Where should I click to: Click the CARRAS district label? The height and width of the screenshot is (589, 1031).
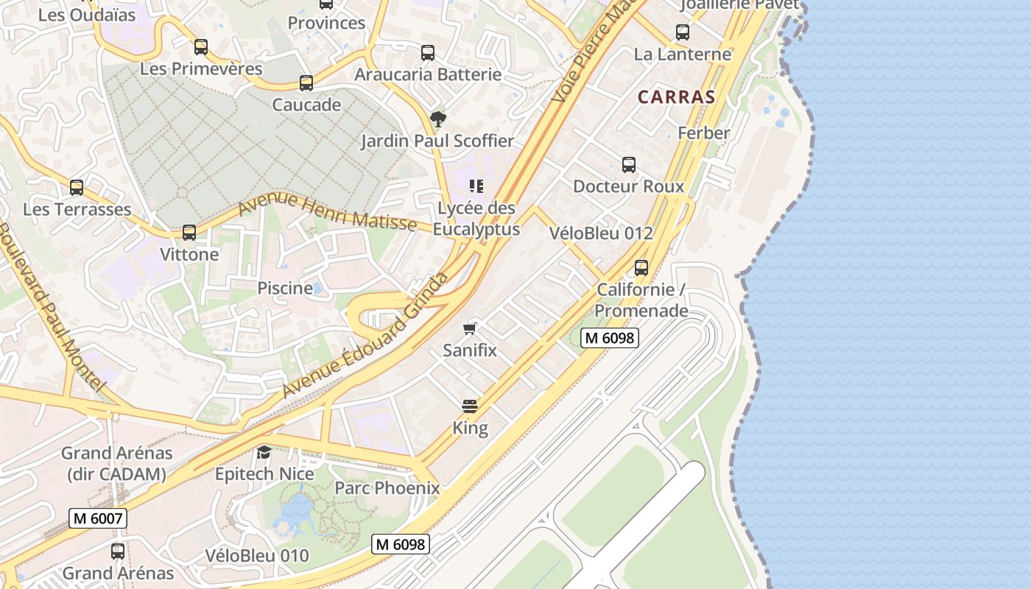click(676, 96)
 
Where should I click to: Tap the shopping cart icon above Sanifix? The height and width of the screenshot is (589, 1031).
click(470, 328)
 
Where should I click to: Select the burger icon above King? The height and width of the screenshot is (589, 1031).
click(470, 406)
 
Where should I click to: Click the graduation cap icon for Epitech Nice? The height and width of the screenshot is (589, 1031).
click(264, 451)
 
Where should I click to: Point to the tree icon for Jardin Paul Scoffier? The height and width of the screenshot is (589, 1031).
click(437, 119)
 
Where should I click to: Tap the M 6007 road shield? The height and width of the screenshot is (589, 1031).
click(99, 518)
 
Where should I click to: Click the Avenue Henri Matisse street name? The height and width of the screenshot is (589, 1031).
click(328, 211)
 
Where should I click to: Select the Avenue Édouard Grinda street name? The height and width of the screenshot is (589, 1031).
click(365, 335)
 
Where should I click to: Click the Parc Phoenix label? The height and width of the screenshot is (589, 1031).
click(387, 488)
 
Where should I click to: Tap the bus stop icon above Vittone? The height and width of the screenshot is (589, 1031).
click(189, 233)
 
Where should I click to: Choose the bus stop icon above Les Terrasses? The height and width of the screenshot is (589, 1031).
click(77, 188)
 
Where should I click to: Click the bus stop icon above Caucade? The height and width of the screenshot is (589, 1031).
click(306, 83)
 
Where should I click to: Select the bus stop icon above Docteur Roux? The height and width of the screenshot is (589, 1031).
click(628, 165)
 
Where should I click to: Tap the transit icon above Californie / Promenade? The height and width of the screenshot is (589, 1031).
click(641, 267)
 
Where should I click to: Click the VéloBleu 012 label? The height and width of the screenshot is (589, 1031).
click(601, 233)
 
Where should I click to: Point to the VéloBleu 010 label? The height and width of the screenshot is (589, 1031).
click(257, 556)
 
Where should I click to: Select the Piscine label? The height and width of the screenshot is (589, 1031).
click(285, 288)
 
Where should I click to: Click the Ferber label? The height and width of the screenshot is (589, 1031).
click(703, 133)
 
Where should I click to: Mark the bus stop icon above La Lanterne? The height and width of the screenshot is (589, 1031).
click(683, 32)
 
